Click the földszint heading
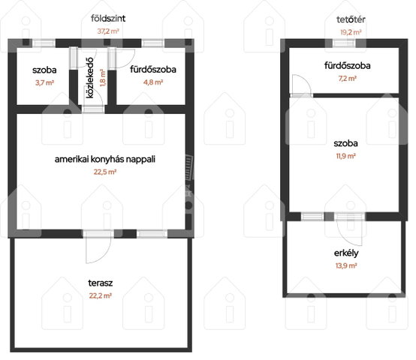[108, 19]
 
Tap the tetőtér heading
[351, 19]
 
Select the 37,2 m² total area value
[108, 31]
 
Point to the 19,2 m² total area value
[351, 32]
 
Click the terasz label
[101, 283]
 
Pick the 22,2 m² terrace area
[101, 295]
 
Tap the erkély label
[346, 253]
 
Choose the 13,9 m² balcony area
[346, 265]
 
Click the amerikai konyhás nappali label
[105, 159]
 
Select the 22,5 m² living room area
[105, 172]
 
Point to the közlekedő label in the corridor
[90, 77]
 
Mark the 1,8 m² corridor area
[103, 77]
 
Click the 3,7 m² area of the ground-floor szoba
[44, 82]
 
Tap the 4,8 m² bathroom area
[153, 82]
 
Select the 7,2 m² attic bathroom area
[347, 79]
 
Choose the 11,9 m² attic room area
[345, 156]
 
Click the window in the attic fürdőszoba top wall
[344, 43]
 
